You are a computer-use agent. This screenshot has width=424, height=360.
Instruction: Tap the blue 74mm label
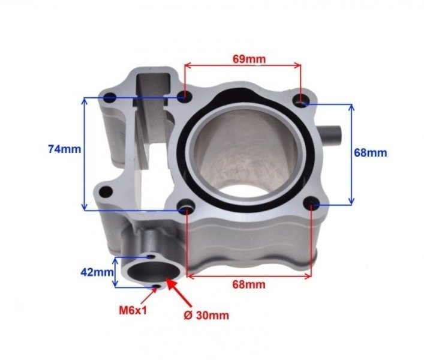tap(64, 149)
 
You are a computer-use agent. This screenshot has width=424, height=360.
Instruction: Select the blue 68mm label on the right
tap(370, 152)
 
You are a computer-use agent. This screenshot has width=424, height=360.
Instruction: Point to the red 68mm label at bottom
tap(249, 284)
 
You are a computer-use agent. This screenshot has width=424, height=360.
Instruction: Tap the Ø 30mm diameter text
tap(208, 314)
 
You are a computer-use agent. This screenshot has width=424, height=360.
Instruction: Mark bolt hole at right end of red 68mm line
tap(312, 206)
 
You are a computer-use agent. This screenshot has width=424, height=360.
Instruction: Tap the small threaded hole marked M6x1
tap(157, 286)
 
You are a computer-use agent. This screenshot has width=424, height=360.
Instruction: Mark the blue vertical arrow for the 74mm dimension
tap(85, 153)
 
